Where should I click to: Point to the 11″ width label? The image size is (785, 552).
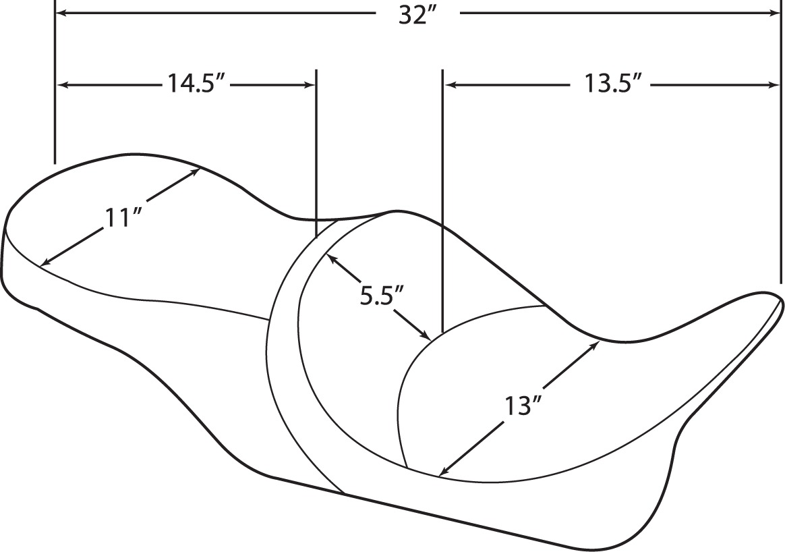point(121,218)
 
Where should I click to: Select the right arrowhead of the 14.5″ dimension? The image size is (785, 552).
point(308,85)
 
